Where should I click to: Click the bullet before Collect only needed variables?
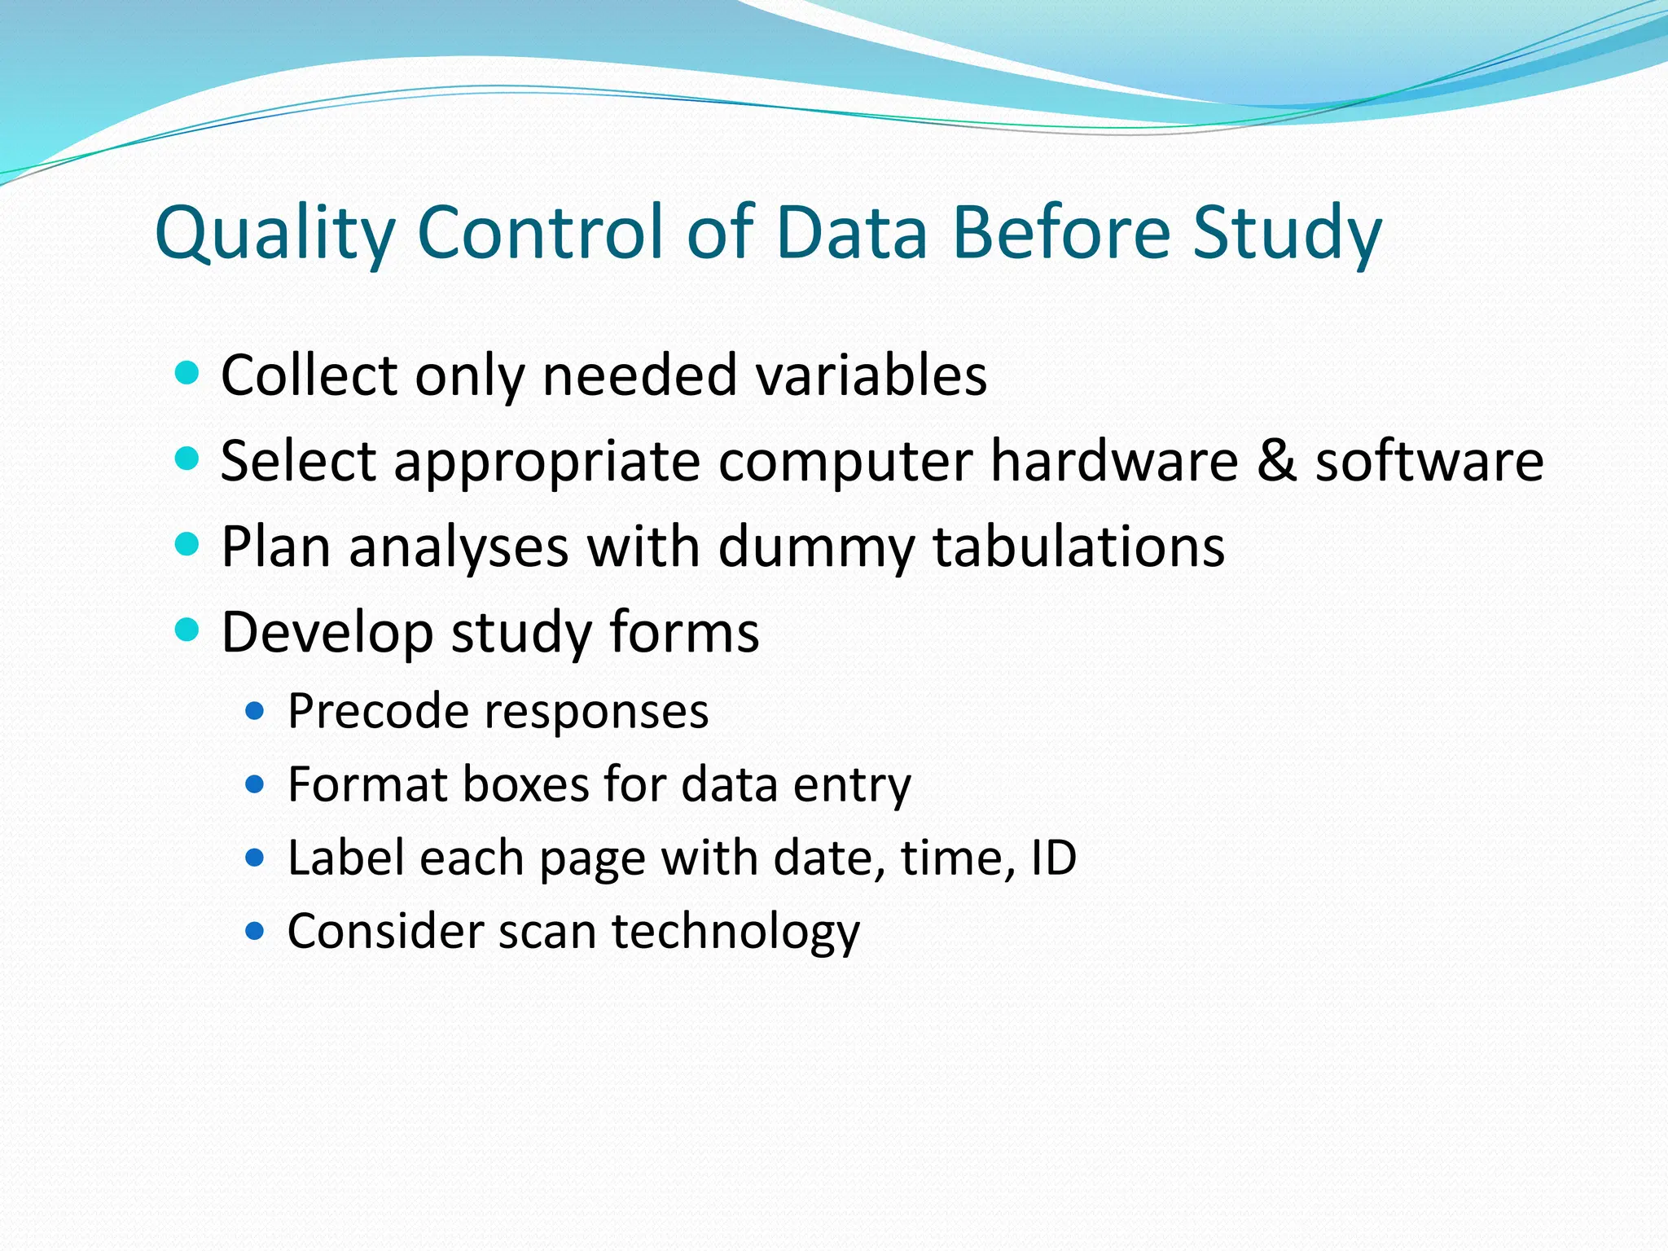(187, 373)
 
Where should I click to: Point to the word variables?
(871, 375)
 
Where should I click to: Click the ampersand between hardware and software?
(1276, 460)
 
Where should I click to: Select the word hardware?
(1113, 460)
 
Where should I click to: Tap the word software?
(1429, 460)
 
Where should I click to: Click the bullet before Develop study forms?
(187, 630)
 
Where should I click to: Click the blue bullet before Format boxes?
(255, 784)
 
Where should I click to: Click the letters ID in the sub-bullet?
(1054, 858)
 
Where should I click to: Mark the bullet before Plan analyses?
(187, 543)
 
